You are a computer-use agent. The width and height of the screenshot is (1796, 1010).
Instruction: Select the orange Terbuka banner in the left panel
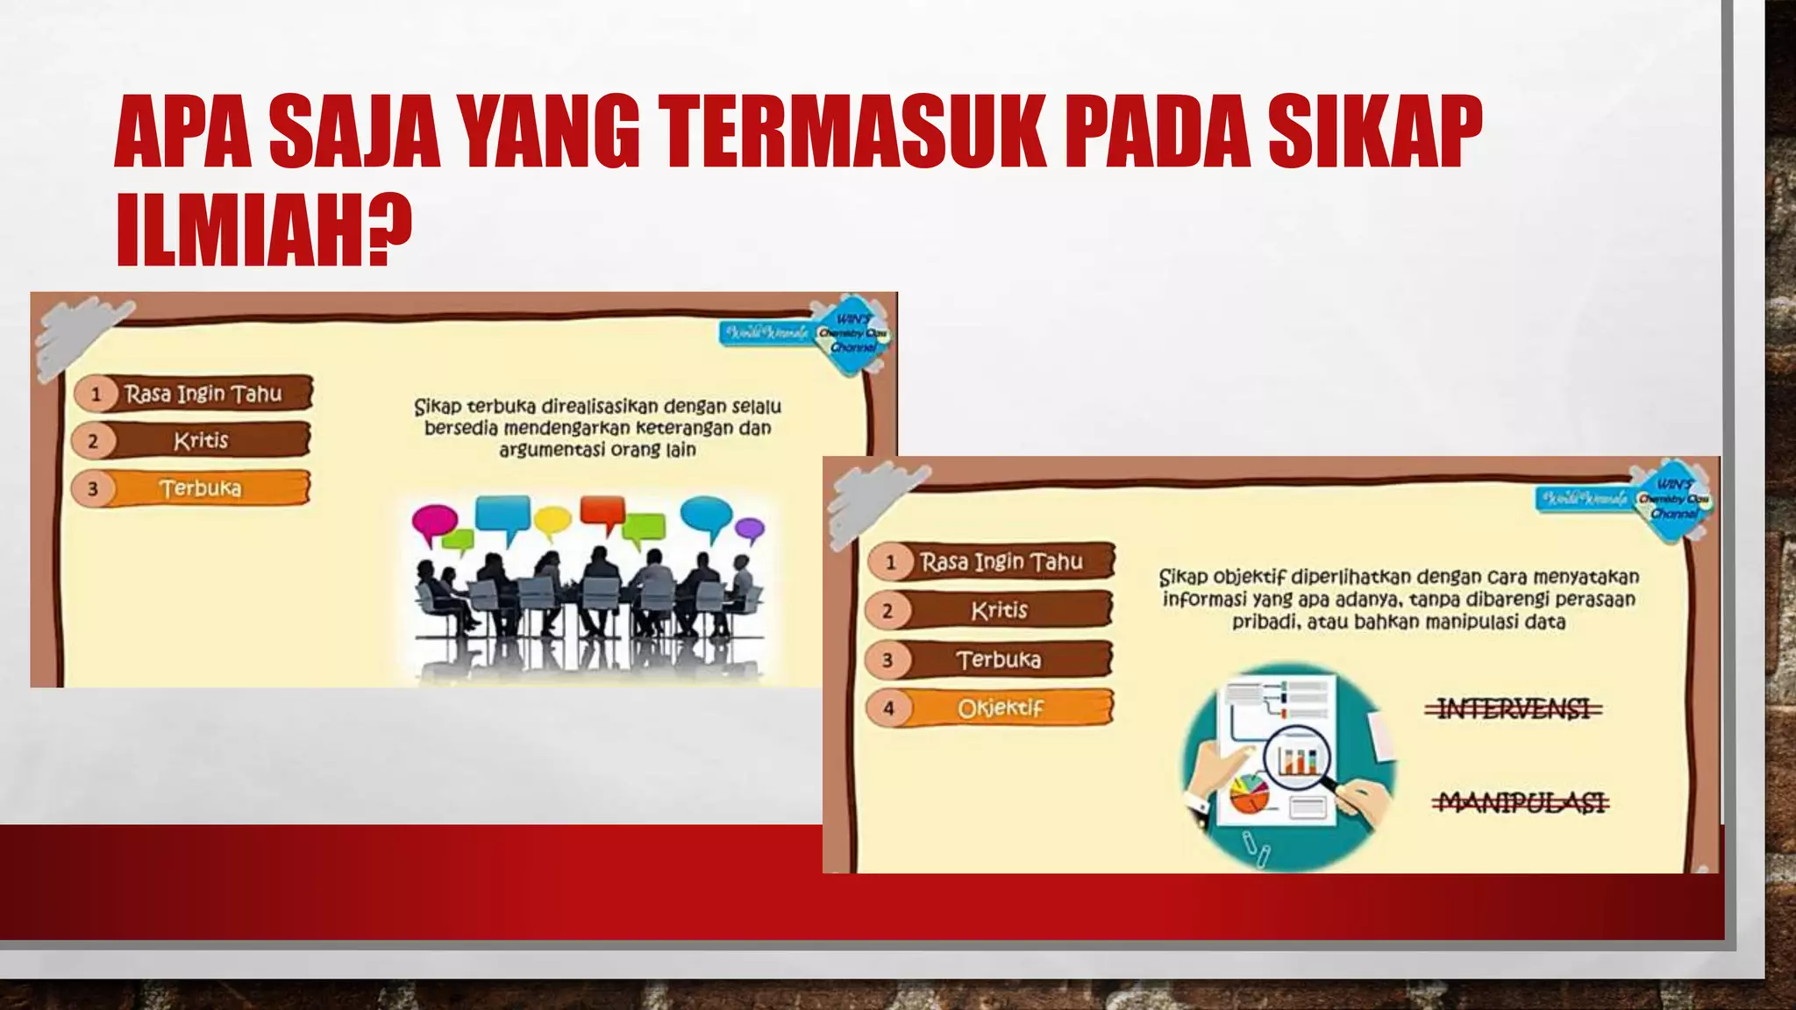coord(201,488)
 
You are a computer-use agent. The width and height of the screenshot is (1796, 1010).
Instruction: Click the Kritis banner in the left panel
coord(201,440)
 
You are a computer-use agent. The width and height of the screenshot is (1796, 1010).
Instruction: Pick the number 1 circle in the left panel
coord(96,394)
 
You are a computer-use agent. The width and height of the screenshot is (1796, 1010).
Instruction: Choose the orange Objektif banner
coord(1001,708)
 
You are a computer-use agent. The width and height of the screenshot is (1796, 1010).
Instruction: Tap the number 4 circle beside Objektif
coord(888,708)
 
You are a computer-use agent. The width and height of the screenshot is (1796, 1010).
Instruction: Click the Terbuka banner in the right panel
coord(999,659)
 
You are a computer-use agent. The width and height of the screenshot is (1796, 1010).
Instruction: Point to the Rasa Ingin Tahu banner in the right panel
coord(1001,561)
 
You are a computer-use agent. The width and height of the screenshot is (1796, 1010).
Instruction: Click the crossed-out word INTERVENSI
coord(1514,708)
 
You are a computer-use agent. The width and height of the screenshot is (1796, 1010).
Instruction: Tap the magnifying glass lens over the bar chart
coord(1296,757)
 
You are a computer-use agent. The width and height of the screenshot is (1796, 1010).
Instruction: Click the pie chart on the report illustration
coord(1249,793)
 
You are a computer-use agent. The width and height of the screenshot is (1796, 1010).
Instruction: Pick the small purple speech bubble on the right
coord(749,529)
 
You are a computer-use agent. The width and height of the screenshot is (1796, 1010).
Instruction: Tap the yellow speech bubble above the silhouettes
coord(552,521)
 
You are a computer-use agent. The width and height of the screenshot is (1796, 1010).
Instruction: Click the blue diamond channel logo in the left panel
coord(850,335)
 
